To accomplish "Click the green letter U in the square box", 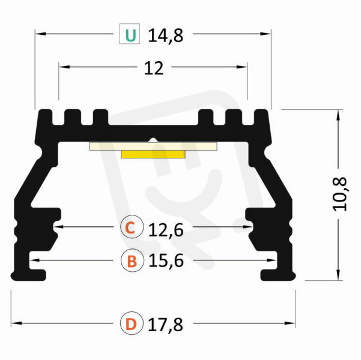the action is pyautogui.click(x=130, y=35).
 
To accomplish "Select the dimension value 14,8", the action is pyautogui.click(x=166, y=35).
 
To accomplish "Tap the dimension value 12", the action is pyautogui.click(x=154, y=68).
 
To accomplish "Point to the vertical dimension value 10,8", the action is pyautogui.click(x=340, y=194).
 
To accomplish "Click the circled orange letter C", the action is pyautogui.click(x=132, y=227).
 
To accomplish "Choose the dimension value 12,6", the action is pyautogui.click(x=166, y=230).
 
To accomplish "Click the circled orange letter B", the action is pyautogui.click(x=132, y=260).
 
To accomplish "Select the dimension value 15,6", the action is pyautogui.click(x=166, y=260).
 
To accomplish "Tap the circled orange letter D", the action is pyautogui.click(x=132, y=323).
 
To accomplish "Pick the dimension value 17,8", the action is pyautogui.click(x=165, y=325).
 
